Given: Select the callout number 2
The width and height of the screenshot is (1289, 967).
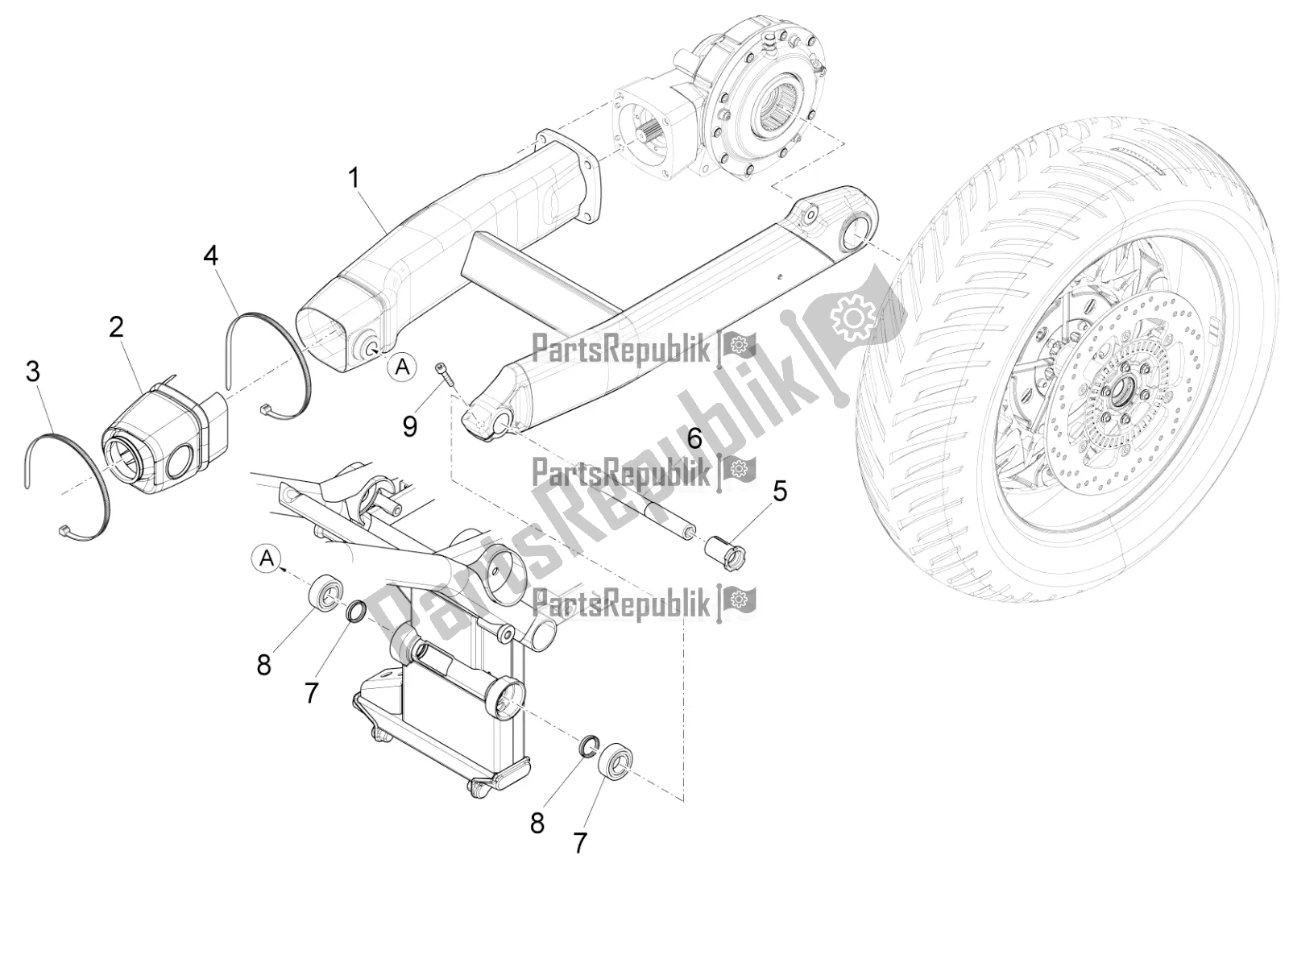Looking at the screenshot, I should [x=117, y=327].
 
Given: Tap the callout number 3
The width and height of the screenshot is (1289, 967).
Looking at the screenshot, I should [x=33, y=371].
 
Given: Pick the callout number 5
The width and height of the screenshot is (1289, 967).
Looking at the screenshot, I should [x=779, y=491].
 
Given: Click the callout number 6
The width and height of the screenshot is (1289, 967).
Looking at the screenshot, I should [x=694, y=438].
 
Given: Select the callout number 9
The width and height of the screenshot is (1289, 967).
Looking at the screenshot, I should [x=409, y=425].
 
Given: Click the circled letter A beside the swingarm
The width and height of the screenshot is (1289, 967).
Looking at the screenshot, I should [x=402, y=368].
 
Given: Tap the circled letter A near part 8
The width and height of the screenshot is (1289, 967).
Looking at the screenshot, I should [x=267, y=558].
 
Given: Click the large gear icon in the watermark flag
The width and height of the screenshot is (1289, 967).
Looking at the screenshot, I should [x=852, y=321].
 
